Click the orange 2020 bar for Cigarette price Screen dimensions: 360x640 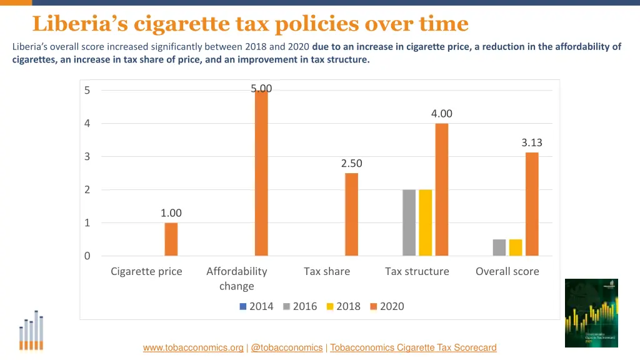[171, 239]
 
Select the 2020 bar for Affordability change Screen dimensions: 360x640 [261, 173]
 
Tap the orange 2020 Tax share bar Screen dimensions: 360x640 [351, 214]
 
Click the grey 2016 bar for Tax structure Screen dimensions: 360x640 [409, 222]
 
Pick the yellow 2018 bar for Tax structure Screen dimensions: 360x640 [425, 222]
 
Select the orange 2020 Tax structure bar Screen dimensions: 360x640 [441, 189]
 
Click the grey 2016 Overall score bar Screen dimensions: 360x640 [499, 247]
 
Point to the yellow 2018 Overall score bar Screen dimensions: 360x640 [515, 247]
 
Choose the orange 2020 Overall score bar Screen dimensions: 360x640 [532, 204]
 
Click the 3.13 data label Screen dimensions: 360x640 [532, 142]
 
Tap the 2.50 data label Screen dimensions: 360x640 [351, 163]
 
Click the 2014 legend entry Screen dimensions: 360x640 [256, 306]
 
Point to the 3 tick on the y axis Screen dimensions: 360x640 [87, 157]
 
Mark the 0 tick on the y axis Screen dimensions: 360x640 [87, 256]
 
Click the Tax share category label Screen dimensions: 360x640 [327, 271]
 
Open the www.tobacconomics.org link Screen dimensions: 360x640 [193, 347]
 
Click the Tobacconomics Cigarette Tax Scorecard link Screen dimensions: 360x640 [413, 347]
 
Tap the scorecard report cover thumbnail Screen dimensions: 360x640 [591, 312]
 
